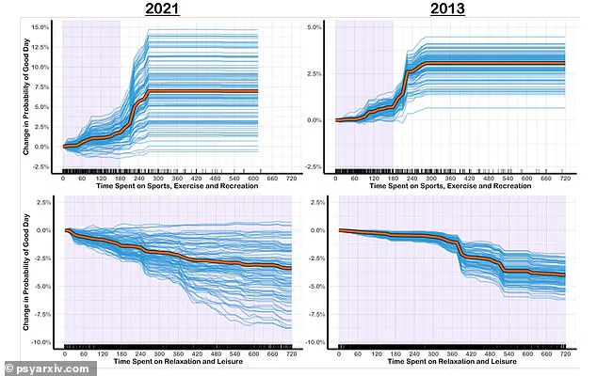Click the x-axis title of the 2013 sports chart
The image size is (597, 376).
click(450, 186)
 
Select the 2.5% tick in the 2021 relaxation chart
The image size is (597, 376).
click(39, 202)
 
